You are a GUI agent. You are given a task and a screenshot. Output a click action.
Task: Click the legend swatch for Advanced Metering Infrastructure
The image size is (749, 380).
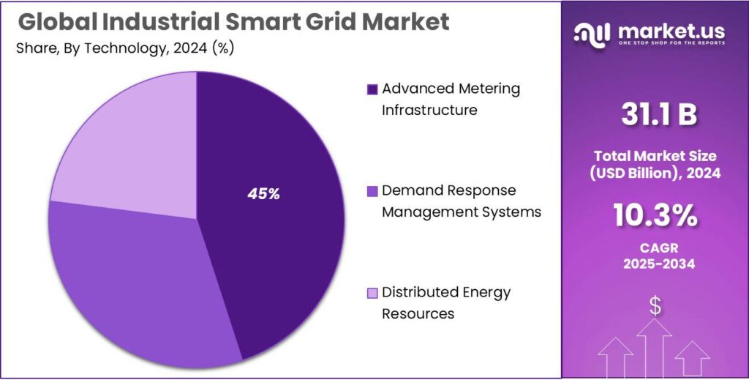tap(372, 89)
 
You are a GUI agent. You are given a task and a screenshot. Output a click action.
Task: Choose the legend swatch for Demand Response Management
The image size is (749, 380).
tap(372, 191)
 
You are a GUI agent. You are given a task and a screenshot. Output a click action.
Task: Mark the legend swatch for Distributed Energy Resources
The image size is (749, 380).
tap(372, 293)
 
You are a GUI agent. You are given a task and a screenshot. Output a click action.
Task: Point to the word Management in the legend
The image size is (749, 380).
tap(429, 212)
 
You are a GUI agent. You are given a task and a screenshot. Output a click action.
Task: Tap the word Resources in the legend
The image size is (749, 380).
tap(418, 313)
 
